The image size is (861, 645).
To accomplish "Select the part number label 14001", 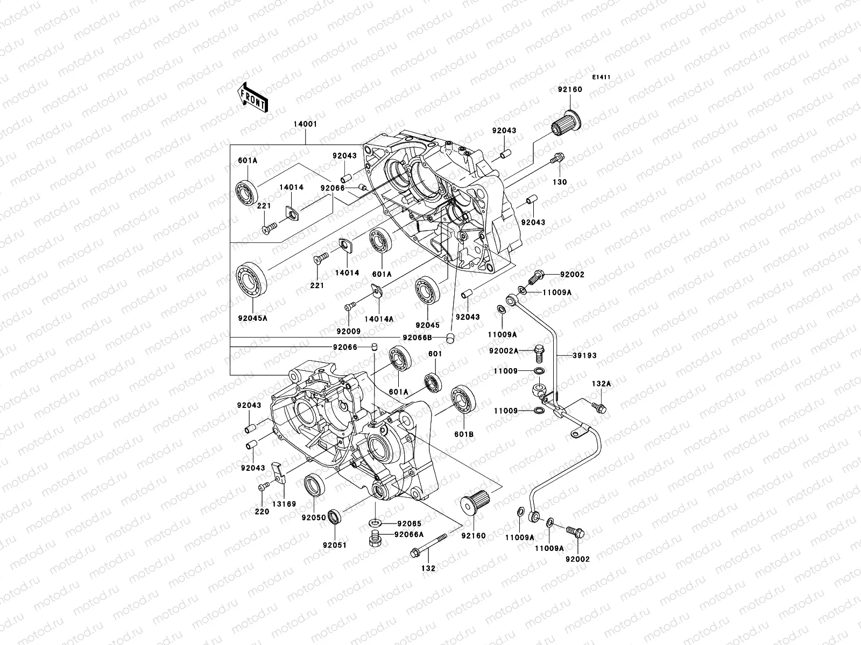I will pyautogui.click(x=305, y=124).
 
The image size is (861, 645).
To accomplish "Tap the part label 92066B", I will pyautogui.click(x=418, y=338).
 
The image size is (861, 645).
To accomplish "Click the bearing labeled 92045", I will pyautogui.click(x=428, y=291).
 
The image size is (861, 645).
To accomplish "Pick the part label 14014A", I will pyautogui.click(x=379, y=319).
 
